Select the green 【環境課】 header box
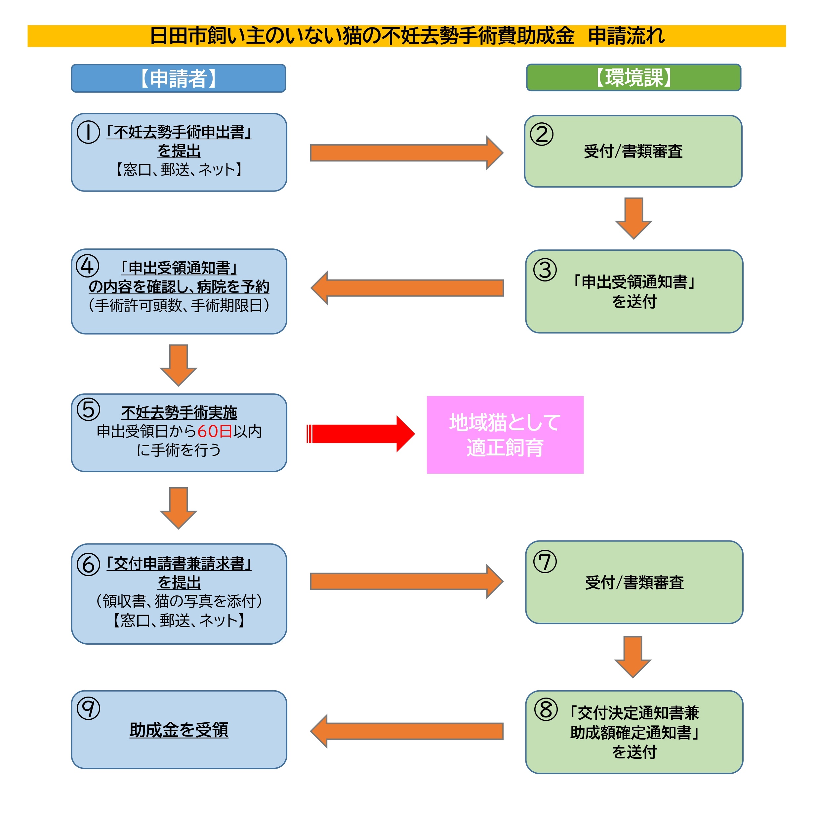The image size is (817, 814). point(633,77)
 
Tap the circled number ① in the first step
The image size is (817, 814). point(88,132)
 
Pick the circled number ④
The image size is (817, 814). point(87,266)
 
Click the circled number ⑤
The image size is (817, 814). point(88,409)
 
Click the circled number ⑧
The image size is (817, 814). point(546,709)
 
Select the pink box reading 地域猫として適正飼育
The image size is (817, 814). point(505,435)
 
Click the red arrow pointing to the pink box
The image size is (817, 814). point(359,434)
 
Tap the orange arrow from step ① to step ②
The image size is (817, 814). point(406,153)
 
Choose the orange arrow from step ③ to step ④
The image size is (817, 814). point(407,288)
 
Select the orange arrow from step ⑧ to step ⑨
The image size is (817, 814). point(407,731)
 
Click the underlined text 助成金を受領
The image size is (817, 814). point(179,730)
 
